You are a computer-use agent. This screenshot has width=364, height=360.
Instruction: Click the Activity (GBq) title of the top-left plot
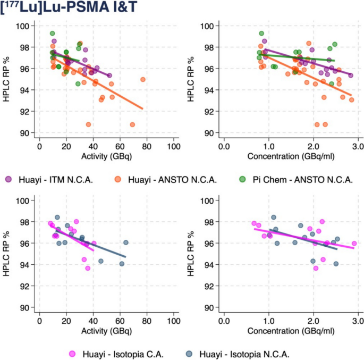click(106, 155)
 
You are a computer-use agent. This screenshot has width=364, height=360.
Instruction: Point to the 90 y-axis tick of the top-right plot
click(209, 133)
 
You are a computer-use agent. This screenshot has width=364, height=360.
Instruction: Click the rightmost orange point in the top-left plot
click(143, 79)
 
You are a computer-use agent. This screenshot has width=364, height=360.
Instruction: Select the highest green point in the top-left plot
click(53, 34)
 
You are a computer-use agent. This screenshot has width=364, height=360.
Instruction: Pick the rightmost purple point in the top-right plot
click(351, 76)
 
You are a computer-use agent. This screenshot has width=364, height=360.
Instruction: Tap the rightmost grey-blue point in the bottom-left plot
click(126, 242)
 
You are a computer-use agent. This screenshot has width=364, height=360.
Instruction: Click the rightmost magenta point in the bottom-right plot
click(354, 244)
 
